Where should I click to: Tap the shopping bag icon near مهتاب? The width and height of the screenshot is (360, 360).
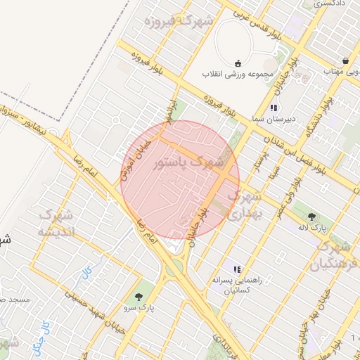345,60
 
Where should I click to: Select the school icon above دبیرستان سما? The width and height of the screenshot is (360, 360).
274,108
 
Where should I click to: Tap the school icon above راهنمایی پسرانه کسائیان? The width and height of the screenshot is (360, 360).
237,269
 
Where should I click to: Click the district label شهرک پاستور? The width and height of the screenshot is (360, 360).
188,162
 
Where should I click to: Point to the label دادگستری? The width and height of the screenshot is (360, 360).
328,4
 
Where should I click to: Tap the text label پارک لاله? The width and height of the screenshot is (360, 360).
322,229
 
